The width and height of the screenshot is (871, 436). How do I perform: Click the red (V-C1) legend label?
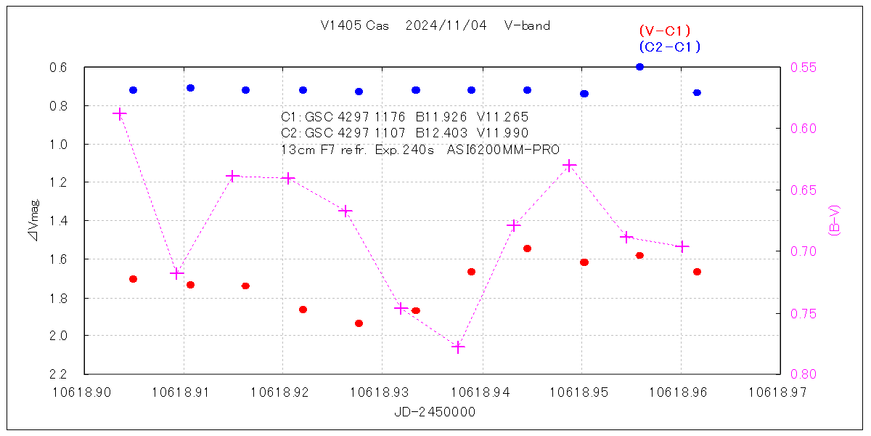664,31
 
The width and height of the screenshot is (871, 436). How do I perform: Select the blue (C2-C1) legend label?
669,47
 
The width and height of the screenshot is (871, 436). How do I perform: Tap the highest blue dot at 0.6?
639,67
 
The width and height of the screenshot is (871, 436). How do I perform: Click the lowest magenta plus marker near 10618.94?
458,347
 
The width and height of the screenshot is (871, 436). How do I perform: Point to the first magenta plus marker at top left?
120,114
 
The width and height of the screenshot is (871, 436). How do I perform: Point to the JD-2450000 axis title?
435,411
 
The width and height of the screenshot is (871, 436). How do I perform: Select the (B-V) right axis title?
834,220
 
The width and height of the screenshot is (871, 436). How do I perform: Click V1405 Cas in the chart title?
354,25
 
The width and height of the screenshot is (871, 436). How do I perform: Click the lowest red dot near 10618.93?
359,323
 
